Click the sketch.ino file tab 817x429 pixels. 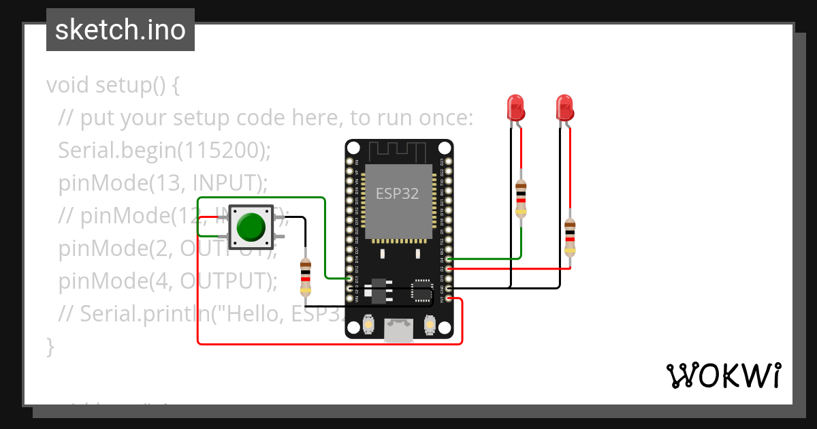point(121,30)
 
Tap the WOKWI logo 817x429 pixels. point(723,375)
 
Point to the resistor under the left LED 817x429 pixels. point(521,198)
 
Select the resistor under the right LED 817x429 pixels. point(570,238)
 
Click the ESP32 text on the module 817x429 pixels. point(398,193)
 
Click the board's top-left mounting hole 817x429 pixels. point(354,148)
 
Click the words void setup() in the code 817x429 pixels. point(112,86)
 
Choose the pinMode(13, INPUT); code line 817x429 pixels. point(163,183)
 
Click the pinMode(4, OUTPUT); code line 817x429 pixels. point(168,281)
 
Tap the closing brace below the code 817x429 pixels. point(50,346)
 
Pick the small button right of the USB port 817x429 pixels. point(430,325)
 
